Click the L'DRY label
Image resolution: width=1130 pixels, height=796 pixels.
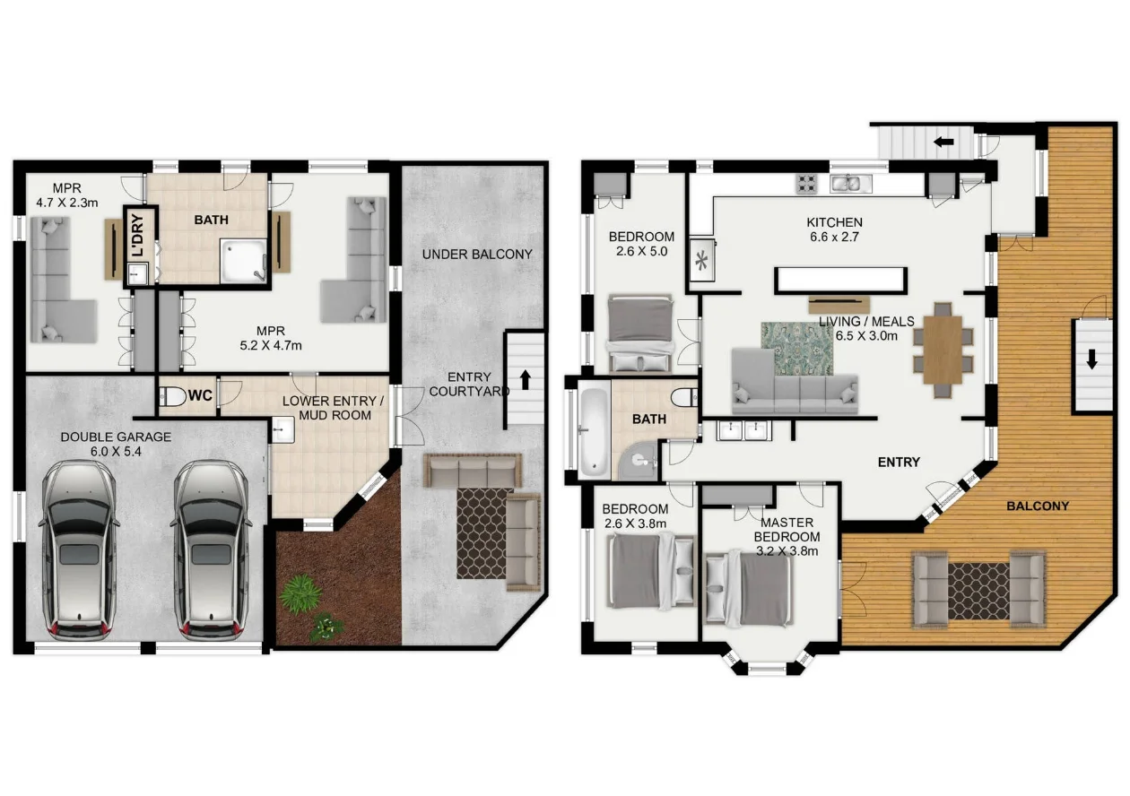click(x=137, y=235)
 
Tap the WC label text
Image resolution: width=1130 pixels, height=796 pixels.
click(x=200, y=395)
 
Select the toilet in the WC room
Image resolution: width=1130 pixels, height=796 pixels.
click(x=172, y=397)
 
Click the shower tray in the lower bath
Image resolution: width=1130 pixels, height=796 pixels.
click(x=243, y=261)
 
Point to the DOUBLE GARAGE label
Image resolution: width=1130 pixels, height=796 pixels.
click(x=116, y=437)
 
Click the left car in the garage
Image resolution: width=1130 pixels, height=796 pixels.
click(x=80, y=550)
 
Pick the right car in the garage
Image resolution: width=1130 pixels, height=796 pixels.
click(x=212, y=550)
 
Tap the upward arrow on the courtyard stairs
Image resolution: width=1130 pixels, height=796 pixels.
click(x=526, y=379)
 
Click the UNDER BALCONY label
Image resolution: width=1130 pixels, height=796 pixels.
click(x=477, y=255)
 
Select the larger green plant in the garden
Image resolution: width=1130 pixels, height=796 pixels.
click(x=300, y=593)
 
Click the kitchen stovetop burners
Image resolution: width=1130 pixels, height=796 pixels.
click(x=806, y=184)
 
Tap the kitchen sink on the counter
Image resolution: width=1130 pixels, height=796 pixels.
click(x=850, y=184)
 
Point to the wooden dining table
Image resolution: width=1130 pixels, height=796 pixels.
click(x=943, y=350)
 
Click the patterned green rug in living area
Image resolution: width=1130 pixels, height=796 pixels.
click(x=797, y=349)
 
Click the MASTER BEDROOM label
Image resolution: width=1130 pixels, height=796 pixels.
click(x=787, y=530)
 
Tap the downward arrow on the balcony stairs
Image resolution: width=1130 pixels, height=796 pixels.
click(x=1092, y=359)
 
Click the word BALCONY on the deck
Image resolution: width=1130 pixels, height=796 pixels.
click(x=1038, y=506)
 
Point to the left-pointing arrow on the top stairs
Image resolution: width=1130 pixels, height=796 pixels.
click(x=943, y=143)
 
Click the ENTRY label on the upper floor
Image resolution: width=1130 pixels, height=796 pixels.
click(x=899, y=463)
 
